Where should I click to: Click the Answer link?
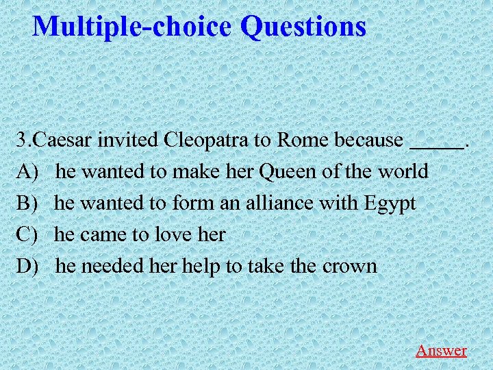[441, 350]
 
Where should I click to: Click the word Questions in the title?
[303, 27]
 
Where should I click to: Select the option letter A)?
[29, 171]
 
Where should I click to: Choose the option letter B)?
[28, 203]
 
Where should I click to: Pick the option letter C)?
[28, 234]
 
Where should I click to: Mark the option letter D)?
[29, 266]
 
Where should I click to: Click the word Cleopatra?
[206, 140]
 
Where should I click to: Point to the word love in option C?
[174, 234]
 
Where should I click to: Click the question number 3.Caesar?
[55, 140]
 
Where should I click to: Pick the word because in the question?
[368, 140]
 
